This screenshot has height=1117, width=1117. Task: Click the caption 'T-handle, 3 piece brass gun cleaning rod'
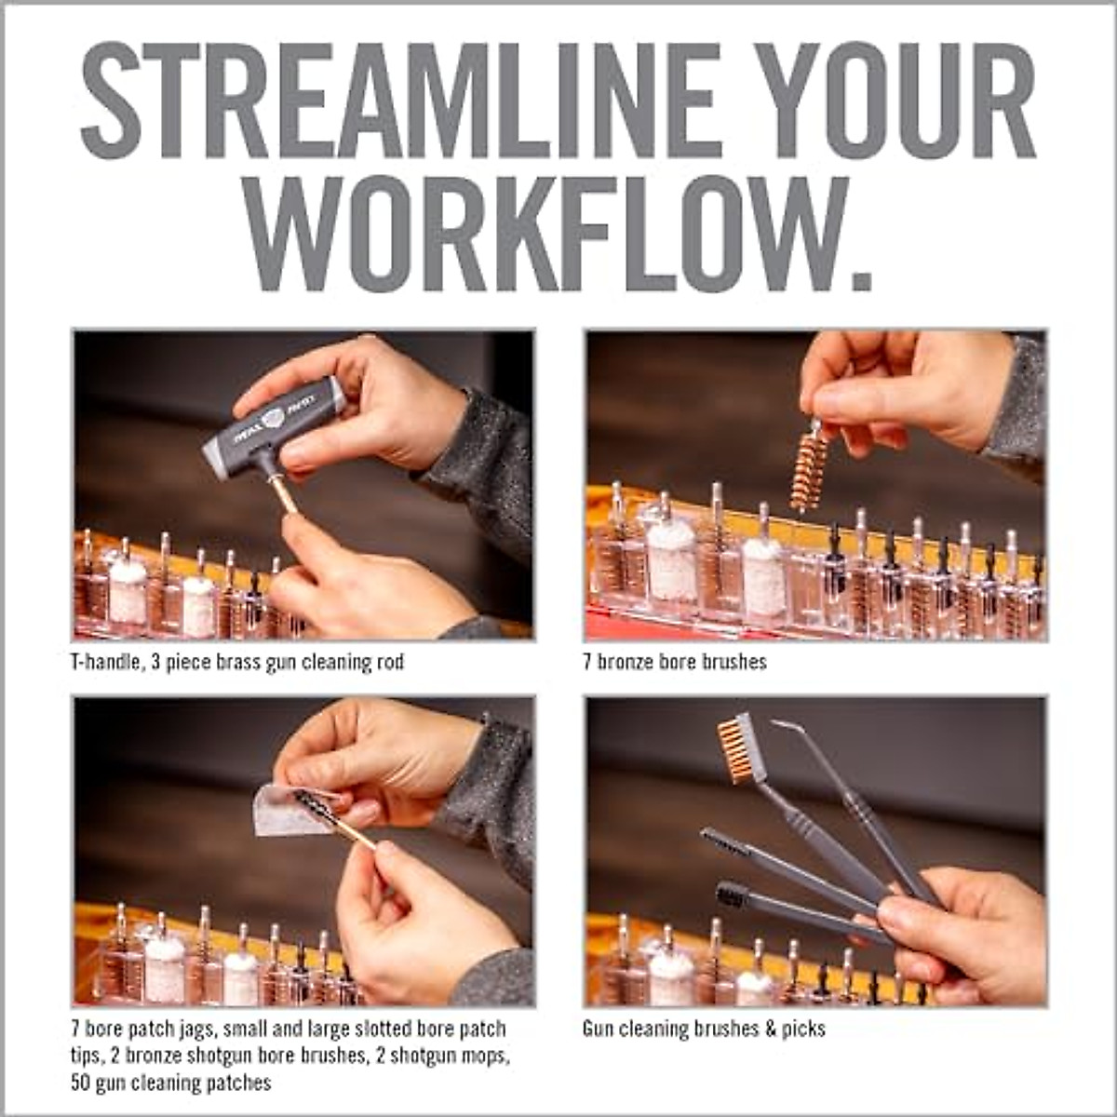pos(237,662)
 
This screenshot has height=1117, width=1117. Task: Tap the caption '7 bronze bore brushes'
pos(675,662)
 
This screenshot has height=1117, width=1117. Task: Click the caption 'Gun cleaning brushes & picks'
pos(704,1029)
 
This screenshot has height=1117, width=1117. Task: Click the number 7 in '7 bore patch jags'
pos(76,1029)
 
